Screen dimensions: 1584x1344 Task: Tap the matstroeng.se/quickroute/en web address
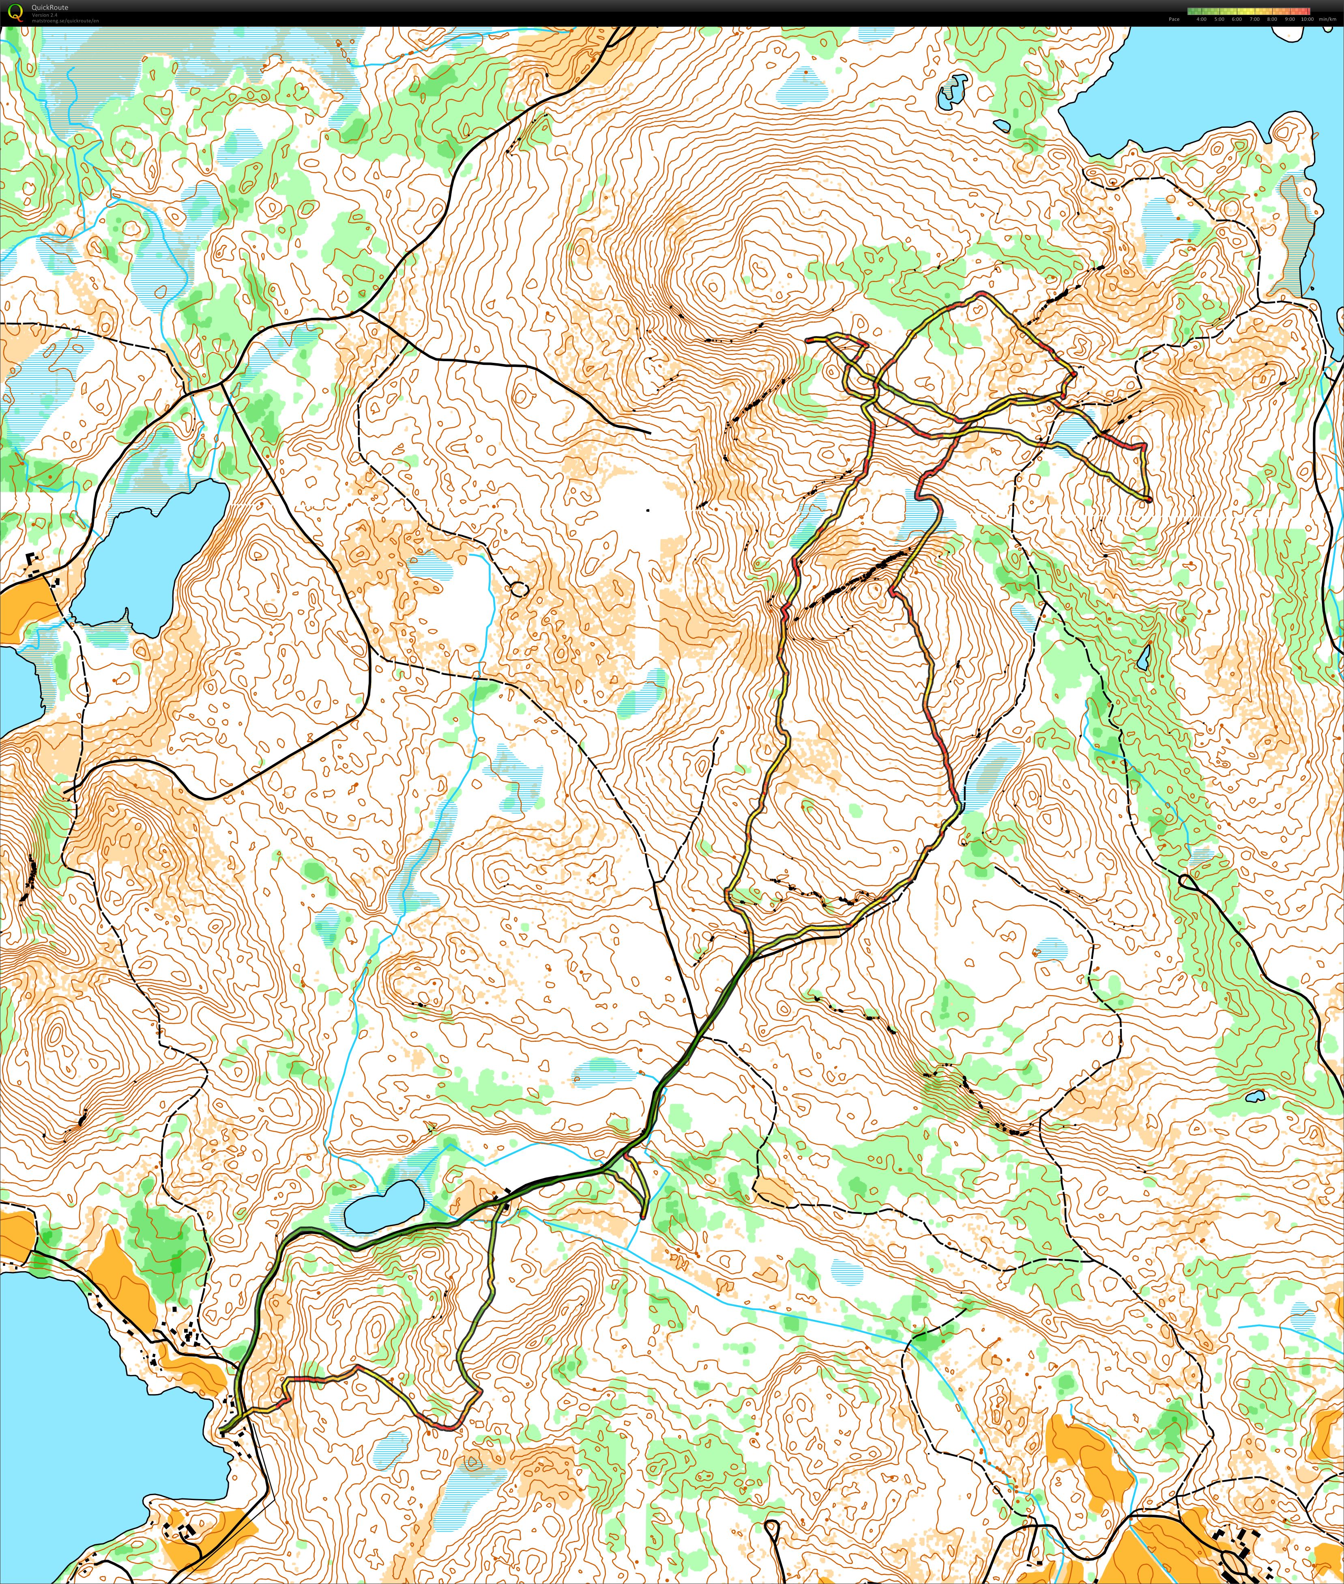click(65, 21)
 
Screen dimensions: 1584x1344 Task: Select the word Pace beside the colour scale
click(1174, 19)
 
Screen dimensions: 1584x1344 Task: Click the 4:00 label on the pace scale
click(1202, 19)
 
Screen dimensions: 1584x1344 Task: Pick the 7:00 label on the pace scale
click(1255, 19)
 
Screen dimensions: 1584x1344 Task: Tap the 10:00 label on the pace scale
click(1307, 19)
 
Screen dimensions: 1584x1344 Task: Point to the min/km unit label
click(1327, 19)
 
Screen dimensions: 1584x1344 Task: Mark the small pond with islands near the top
click(952, 91)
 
